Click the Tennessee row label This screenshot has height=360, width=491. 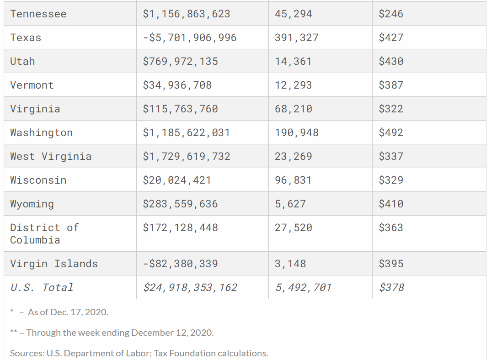pos(38,14)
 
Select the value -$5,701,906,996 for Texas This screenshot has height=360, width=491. pos(189,37)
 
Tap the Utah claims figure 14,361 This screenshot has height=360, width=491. pos(293,61)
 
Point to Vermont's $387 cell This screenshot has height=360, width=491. pos(391,85)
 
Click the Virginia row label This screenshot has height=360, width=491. pos(35,109)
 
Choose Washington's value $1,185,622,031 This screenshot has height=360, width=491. pos(186,132)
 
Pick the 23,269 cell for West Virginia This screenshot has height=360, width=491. pos(293,156)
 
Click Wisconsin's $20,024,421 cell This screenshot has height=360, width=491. pos(177,180)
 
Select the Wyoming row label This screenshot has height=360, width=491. pos(32,204)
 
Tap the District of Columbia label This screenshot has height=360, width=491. pos(44,233)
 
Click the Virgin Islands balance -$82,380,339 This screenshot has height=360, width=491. pos(180,264)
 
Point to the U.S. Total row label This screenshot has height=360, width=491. pos(42,287)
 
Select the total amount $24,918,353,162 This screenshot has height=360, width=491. pos(190,287)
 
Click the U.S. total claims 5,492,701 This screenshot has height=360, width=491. pos(303,287)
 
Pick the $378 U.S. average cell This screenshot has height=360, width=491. pos(391,287)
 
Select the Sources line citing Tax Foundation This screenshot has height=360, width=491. pos(139,353)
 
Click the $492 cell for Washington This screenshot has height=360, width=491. pos(391,132)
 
